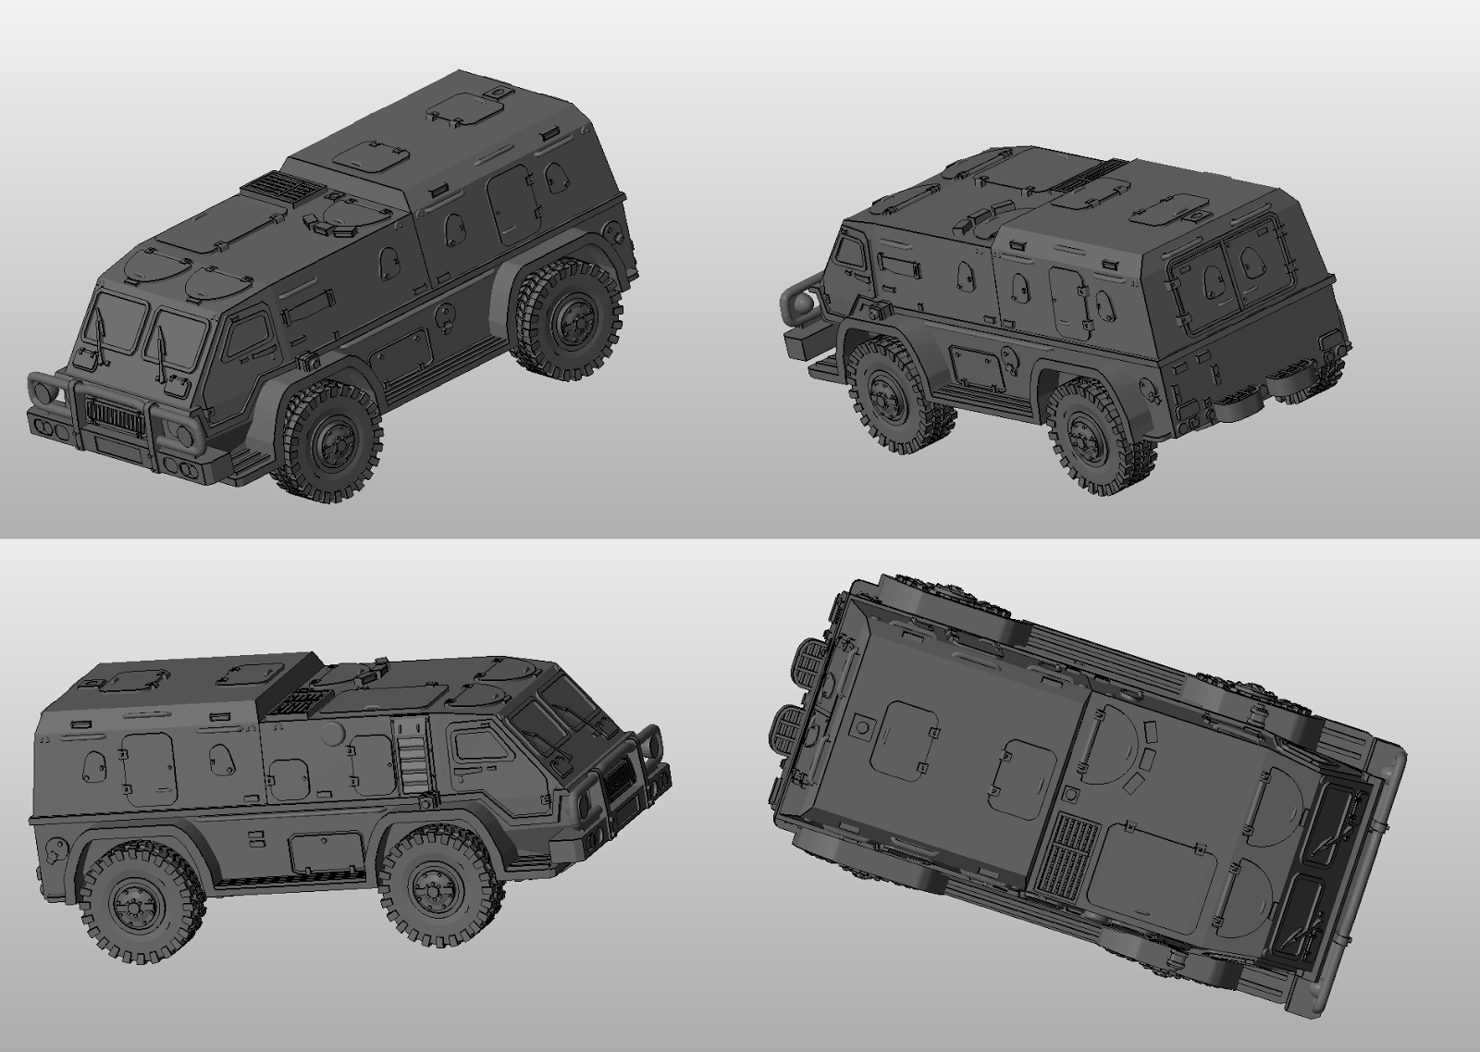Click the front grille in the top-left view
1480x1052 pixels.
tap(115, 418)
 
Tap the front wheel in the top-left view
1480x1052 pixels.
tap(330, 441)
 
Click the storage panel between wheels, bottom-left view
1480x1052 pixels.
tap(326, 851)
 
